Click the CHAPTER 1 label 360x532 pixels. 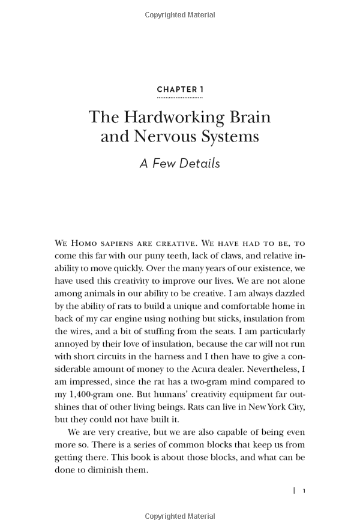[x=180, y=90]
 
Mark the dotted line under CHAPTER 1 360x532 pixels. [x=180, y=97]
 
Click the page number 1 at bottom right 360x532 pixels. [x=304, y=491]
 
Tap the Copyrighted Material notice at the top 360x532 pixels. [x=180, y=14]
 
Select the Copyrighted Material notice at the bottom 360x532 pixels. [x=180, y=516]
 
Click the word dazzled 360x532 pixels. [x=288, y=293]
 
